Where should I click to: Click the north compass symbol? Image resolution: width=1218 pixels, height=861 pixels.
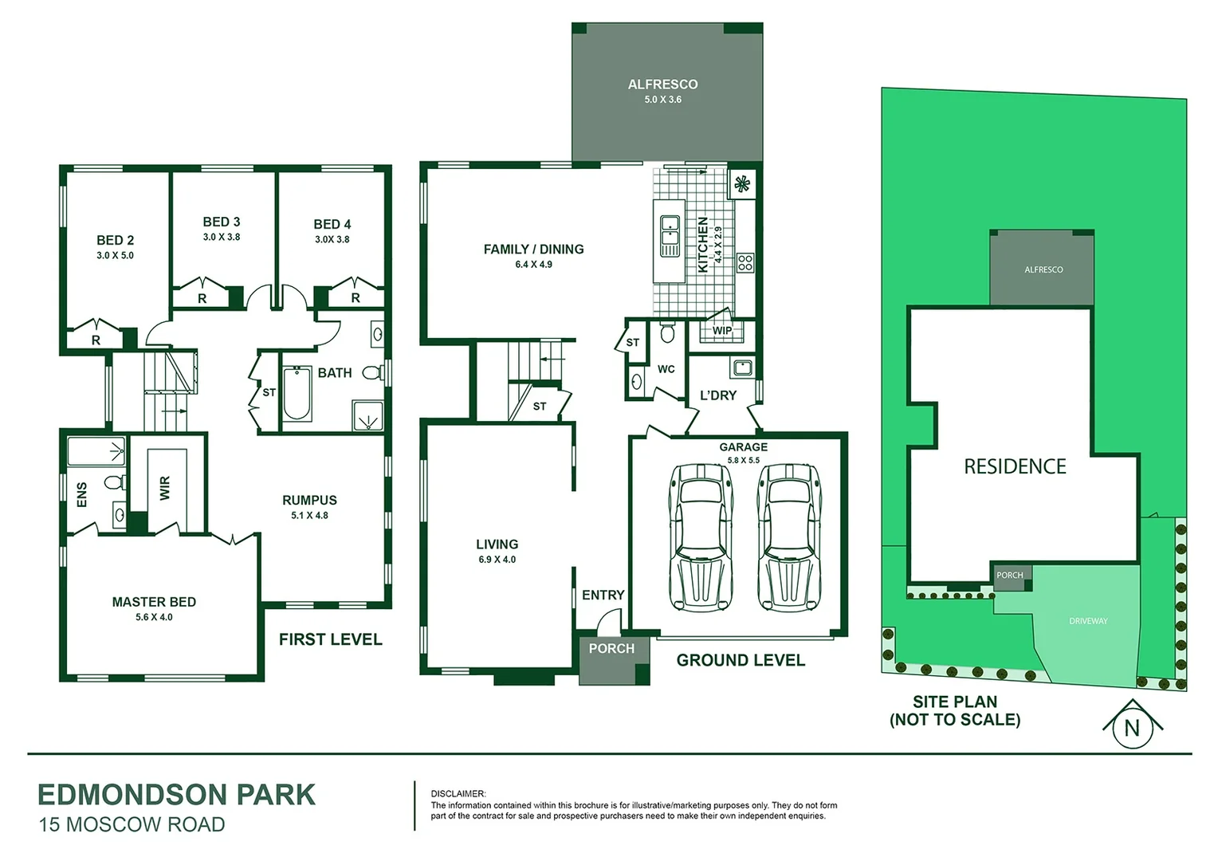[x=1132, y=726]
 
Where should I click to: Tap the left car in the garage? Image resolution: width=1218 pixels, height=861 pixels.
[x=701, y=537]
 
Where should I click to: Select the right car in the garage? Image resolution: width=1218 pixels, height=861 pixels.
[x=789, y=537]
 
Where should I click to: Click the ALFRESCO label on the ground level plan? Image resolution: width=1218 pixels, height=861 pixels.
[x=662, y=85]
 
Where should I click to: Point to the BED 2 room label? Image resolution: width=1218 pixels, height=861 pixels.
[x=115, y=240]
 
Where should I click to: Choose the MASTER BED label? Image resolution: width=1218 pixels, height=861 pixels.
[x=154, y=602]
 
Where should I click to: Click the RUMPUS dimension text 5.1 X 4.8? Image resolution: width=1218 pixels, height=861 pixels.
[x=309, y=516]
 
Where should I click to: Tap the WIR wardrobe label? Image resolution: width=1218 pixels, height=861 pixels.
[x=165, y=488]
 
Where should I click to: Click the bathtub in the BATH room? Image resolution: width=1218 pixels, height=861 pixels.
[x=297, y=393]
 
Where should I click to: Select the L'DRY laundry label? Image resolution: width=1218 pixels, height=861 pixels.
[x=717, y=395]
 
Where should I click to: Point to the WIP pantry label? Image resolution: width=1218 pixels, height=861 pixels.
[x=721, y=331]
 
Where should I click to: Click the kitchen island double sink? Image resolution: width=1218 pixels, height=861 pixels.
[x=670, y=236]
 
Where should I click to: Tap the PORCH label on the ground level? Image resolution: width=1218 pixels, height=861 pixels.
[x=611, y=649]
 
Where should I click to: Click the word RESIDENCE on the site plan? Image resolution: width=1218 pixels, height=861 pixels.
[x=1015, y=466]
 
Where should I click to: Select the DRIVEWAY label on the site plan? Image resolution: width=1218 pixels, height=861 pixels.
[x=1088, y=621]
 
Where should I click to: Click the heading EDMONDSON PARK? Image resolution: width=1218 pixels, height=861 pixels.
[x=176, y=795]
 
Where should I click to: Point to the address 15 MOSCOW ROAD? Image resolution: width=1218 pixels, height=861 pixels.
[x=132, y=825]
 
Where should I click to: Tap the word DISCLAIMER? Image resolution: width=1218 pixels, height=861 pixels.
[x=458, y=794]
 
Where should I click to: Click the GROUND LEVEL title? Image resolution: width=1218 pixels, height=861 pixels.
[x=741, y=660]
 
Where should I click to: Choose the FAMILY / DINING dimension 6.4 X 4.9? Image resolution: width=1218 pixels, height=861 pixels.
[x=533, y=265]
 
